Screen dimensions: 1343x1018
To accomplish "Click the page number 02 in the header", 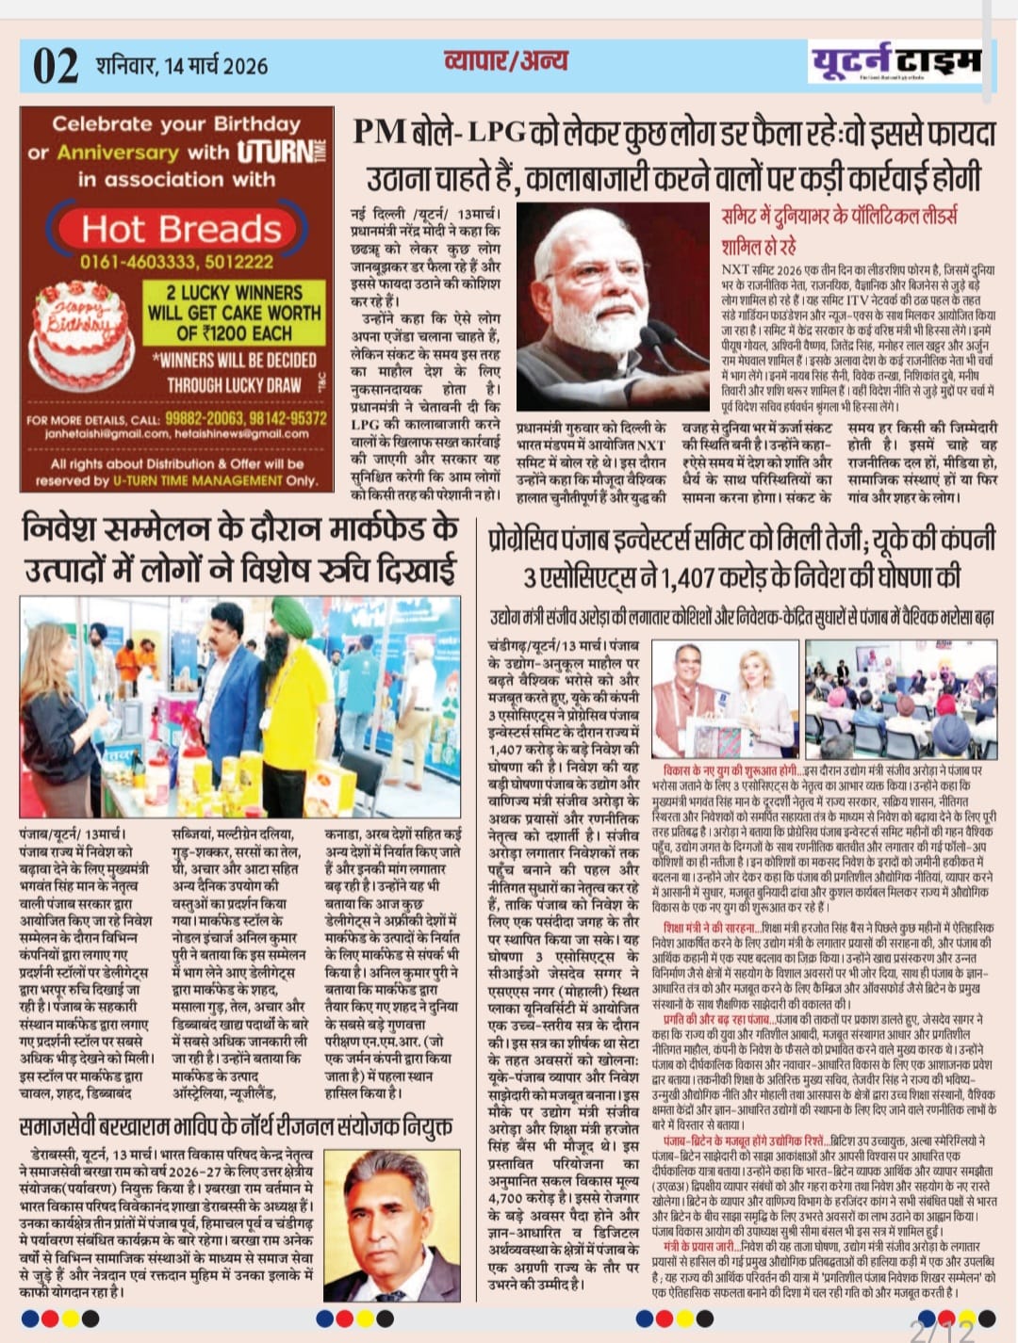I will click(56, 67).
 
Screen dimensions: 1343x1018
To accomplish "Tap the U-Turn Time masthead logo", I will click(895, 64).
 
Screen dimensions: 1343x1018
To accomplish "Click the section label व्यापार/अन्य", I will click(505, 62).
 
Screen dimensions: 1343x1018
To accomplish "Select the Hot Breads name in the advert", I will click(181, 229).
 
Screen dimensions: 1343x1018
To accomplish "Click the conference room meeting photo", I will click(902, 700).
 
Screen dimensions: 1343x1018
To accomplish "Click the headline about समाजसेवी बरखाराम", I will click(236, 1127).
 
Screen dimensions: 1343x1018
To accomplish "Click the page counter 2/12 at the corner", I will click(943, 1330).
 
